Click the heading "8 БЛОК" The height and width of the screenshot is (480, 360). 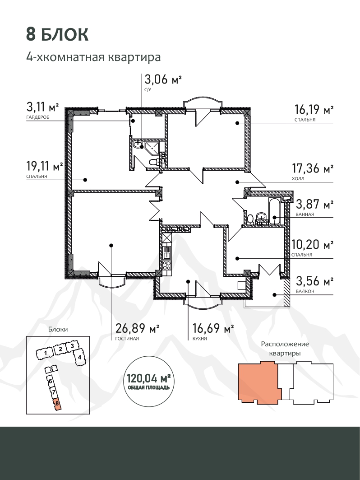pos(57,34)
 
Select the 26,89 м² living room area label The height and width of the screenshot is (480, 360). pos(137,328)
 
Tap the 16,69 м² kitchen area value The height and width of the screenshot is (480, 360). pos(213,328)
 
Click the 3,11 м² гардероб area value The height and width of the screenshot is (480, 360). pos(42,107)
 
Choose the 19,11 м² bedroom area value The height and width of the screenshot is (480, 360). pos(45,167)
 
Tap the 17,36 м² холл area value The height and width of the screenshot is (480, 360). pos(313,168)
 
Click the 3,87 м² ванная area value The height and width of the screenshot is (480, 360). pos(314,204)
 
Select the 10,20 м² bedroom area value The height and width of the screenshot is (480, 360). pos(312,244)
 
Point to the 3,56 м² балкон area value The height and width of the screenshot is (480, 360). pos(314,281)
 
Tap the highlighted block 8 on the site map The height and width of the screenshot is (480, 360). pos(57,404)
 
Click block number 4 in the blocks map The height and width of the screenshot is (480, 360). pos(79,357)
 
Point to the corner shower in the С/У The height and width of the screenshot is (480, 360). pos(152,148)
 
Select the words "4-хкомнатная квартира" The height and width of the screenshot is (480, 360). pos(93,57)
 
